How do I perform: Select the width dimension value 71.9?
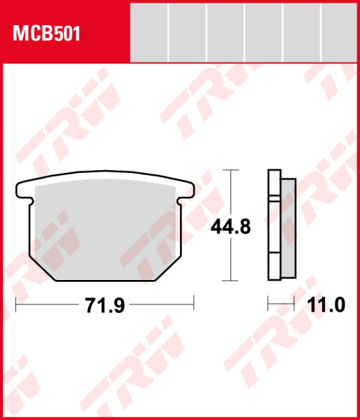(104, 306)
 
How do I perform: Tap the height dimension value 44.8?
(230, 226)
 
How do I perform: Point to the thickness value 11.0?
(326, 306)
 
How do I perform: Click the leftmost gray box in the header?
(150, 30)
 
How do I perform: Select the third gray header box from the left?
(226, 30)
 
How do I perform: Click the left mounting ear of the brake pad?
(23, 191)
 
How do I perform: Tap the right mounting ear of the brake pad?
(186, 191)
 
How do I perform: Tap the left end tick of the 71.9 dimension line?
(15, 305)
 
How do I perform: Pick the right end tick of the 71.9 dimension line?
(193, 305)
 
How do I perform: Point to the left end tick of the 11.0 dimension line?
(269, 305)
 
